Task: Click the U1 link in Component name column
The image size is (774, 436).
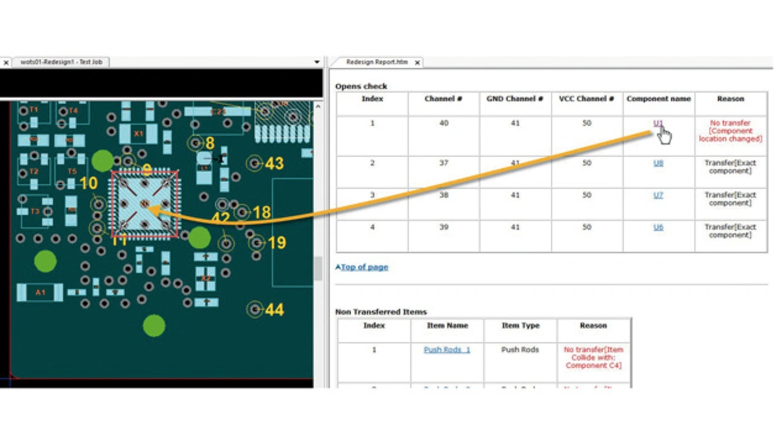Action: coord(658,123)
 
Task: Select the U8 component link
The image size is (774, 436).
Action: coord(658,163)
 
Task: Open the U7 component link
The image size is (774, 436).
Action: coord(658,195)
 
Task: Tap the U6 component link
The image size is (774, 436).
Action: coord(658,227)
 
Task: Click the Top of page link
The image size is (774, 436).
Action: coord(364,267)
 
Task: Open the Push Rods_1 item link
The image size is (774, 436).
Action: coord(447,350)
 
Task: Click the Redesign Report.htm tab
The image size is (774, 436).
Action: coord(376,62)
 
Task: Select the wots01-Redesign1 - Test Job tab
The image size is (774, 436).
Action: coord(61,62)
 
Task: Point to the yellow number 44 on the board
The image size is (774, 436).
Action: coord(275,310)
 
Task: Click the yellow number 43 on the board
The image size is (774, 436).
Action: coord(275,163)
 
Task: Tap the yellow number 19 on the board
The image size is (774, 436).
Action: coord(276,243)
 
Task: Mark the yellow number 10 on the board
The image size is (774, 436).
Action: coord(88,183)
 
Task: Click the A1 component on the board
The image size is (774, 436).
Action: coord(40,293)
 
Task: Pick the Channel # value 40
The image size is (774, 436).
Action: coord(443,123)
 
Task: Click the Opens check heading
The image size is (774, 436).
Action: coord(361,86)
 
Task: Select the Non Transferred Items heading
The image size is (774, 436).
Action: coord(381,312)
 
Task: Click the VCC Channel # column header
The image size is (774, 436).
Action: coord(587,99)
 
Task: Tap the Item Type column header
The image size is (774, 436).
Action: coord(520,325)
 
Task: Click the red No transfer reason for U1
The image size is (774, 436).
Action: coord(730,131)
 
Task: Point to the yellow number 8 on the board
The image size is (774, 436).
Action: coord(210,143)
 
